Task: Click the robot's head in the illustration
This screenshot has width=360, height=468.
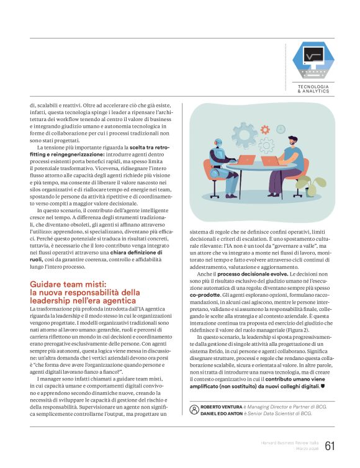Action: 218,145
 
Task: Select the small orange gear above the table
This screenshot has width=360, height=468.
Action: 265,130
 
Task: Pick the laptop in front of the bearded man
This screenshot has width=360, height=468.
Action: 271,161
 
